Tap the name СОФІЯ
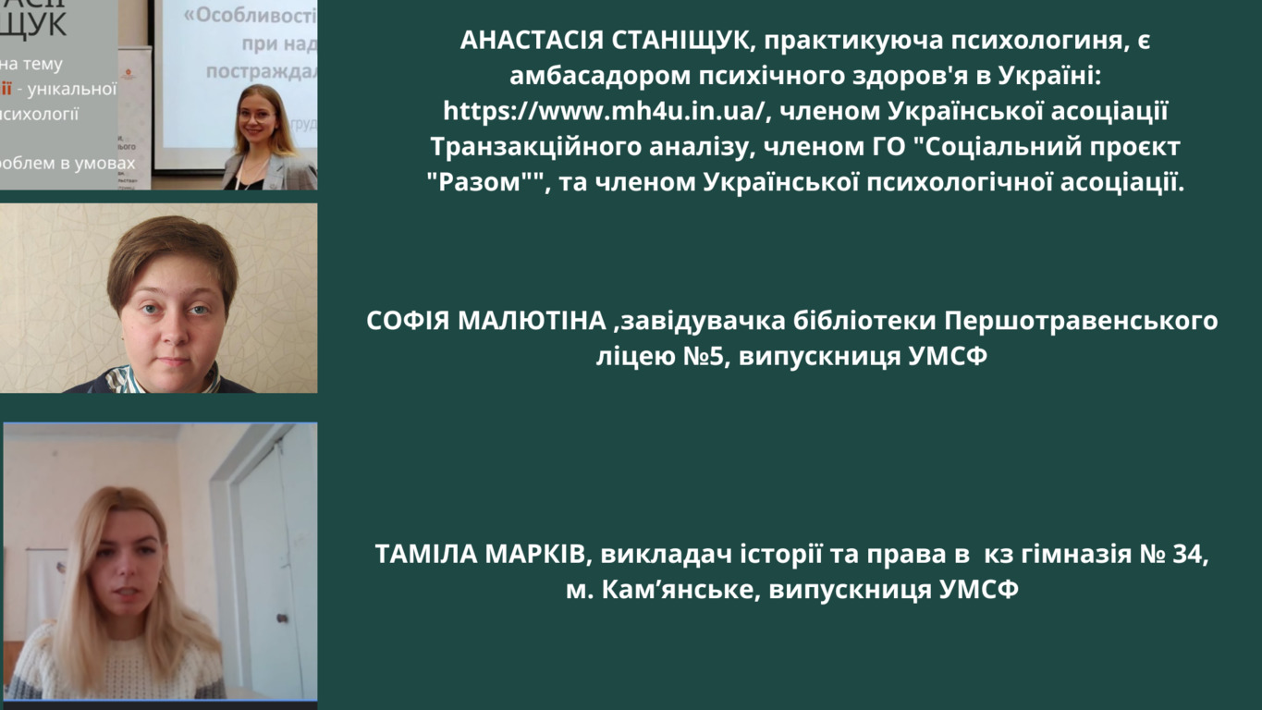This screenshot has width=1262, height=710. [x=408, y=321]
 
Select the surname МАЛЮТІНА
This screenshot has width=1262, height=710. [x=532, y=321]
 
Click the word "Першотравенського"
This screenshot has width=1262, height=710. [x=1081, y=322]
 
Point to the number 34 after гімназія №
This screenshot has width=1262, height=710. [x=1190, y=555]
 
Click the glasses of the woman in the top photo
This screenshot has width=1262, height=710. [x=256, y=116]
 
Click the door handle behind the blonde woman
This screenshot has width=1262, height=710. [x=283, y=618]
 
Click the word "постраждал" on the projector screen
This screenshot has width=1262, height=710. [x=262, y=72]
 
